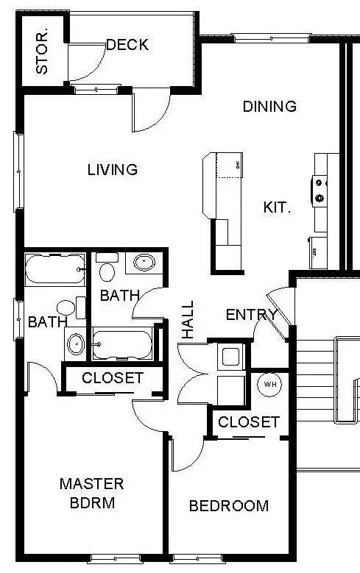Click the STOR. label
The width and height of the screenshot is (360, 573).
pyautogui.click(x=42, y=51)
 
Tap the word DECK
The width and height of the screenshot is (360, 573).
pyautogui.click(x=127, y=45)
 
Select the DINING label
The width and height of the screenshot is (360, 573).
pyautogui.click(x=269, y=106)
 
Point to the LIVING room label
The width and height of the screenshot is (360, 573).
pyautogui.click(x=113, y=170)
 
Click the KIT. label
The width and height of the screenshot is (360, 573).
pyautogui.click(x=278, y=207)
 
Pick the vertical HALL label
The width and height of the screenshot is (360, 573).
pyautogui.click(x=188, y=319)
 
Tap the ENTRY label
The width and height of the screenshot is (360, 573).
pyautogui.click(x=251, y=315)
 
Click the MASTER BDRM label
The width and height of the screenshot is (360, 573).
pyautogui.click(x=91, y=494)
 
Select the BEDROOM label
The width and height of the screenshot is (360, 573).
pyautogui.click(x=228, y=506)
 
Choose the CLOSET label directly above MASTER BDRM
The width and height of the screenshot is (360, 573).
pyautogui.click(x=113, y=379)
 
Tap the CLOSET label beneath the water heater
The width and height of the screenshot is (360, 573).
pyautogui.click(x=249, y=422)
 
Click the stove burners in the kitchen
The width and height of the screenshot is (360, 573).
pyautogui.click(x=320, y=188)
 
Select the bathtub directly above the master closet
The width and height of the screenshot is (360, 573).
pyautogui.click(x=122, y=343)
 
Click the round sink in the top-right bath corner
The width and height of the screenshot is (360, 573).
pyautogui.click(x=144, y=262)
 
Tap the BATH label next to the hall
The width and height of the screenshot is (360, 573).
pyautogui.click(x=120, y=296)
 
